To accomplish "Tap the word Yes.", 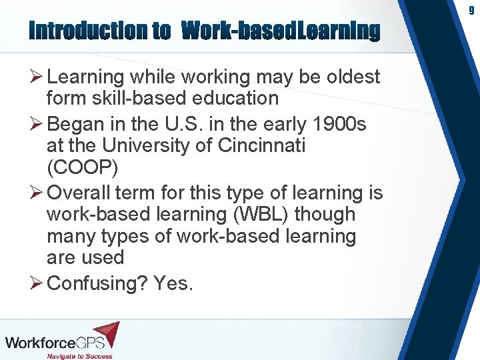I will pyautogui.click(x=173, y=283).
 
